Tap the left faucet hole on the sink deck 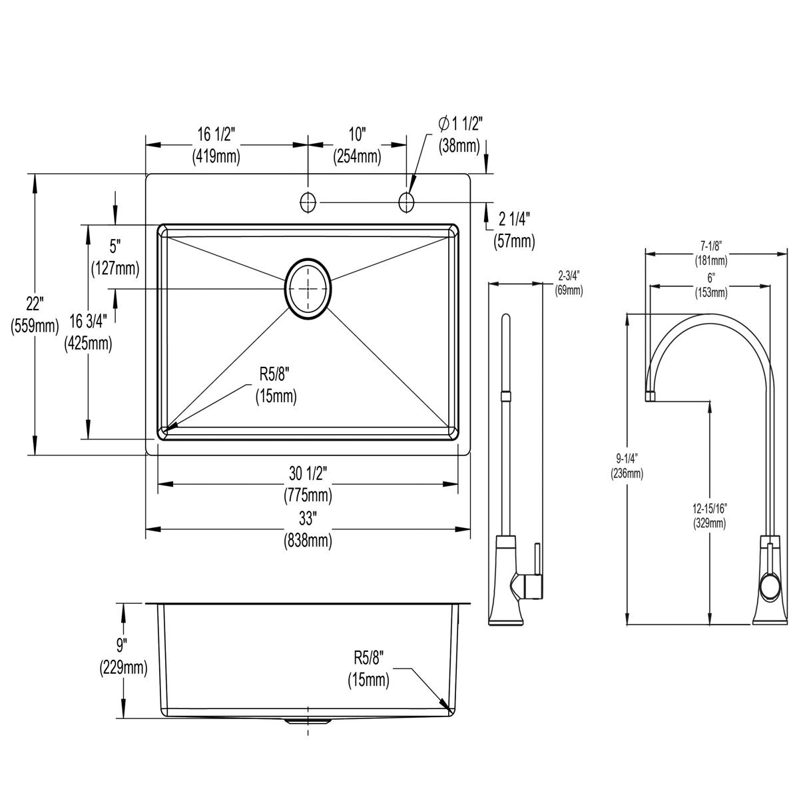[x=308, y=200]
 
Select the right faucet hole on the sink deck [x=406, y=200]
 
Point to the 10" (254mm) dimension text [x=358, y=145]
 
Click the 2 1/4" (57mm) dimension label [x=514, y=229]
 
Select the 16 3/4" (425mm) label [x=88, y=334]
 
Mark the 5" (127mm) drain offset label [x=115, y=257]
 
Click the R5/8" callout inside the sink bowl [x=276, y=385]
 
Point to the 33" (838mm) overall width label [x=308, y=529]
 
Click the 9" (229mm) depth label [x=123, y=655]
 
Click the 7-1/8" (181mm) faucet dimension [x=711, y=254]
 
